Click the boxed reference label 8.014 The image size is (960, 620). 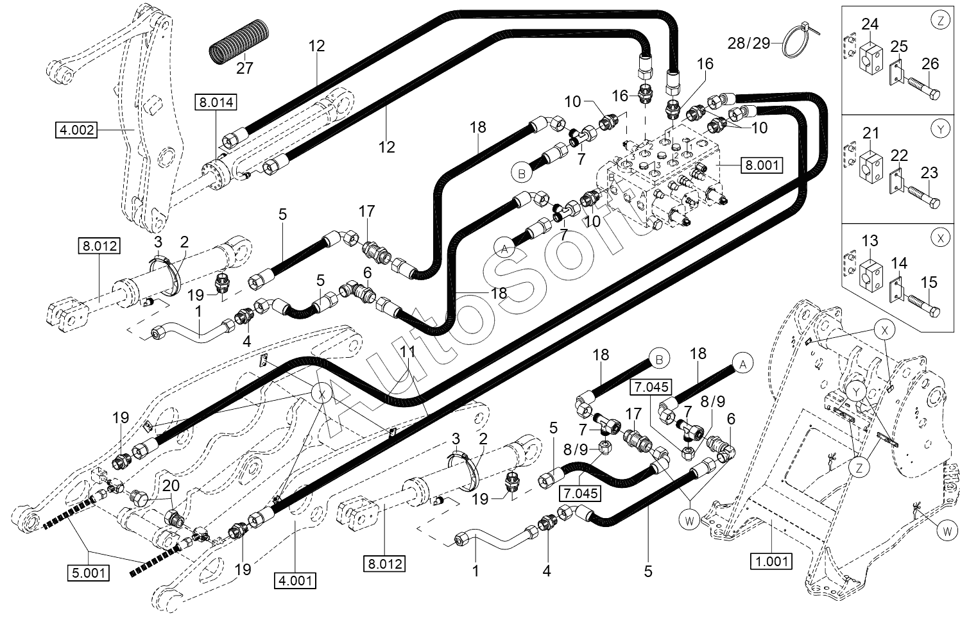pyautogui.click(x=216, y=103)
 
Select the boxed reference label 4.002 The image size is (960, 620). pyautogui.click(x=77, y=130)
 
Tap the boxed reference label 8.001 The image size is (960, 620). pyautogui.click(x=762, y=165)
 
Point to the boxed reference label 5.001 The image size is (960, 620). pyautogui.click(x=89, y=573)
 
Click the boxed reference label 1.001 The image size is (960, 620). pyautogui.click(x=771, y=561)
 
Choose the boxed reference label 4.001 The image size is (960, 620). pyautogui.click(x=295, y=580)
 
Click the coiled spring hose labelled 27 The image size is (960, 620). pyautogui.click(x=239, y=42)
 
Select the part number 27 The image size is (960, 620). pyautogui.click(x=244, y=68)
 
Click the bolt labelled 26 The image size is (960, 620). pyautogui.click(x=923, y=88)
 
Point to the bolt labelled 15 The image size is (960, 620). pyautogui.click(x=923, y=305)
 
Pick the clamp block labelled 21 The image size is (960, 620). pyautogui.click(x=870, y=163)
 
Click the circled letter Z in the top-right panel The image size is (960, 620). pyautogui.click(x=941, y=20)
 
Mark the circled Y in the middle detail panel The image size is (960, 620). pyautogui.click(x=941, y=129)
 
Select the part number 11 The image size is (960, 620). pyautogui.click(x=407, y=352)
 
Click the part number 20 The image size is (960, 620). pyautogui.click(x=171, y=486)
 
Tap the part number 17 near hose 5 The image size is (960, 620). pyautogui.click(x=367, y=211)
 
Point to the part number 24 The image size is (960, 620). pyautogui.click(x=870, y=24)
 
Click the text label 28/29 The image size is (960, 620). pyautogui.click(x=749, y=43)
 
